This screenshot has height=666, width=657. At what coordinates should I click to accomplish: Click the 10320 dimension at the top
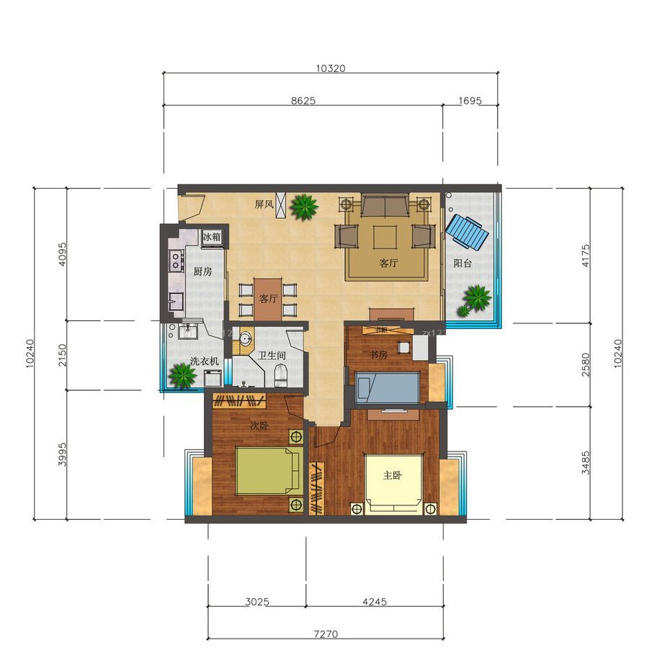(331, 68)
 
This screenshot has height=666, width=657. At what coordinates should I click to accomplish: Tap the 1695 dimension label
(470, 101)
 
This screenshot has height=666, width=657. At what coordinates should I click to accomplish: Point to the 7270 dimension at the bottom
(326, 634)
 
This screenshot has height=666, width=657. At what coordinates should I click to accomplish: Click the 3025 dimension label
(257, 601)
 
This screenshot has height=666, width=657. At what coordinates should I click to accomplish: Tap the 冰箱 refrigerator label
(213, 237)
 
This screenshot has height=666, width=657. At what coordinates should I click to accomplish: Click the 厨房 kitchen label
(202, 271)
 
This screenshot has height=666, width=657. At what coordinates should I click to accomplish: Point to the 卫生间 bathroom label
(272, 356)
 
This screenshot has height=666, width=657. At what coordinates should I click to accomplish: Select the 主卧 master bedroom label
(393, 475)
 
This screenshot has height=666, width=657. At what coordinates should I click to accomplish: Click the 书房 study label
(380, 355)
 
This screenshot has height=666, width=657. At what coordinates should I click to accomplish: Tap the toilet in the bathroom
(281, 374)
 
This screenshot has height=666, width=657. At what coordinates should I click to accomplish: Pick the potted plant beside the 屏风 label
(304, 207)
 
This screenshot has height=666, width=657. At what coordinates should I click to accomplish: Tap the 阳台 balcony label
(462, 264)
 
